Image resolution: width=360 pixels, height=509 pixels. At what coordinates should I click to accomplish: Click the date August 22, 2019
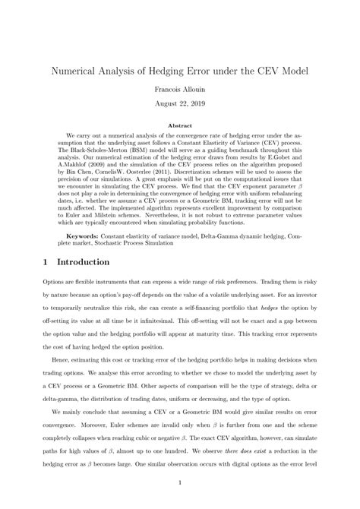pyautogui.click(x=179, y=103)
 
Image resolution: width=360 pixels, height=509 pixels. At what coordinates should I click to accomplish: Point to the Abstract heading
pyautogui.click(x=179, y=123)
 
